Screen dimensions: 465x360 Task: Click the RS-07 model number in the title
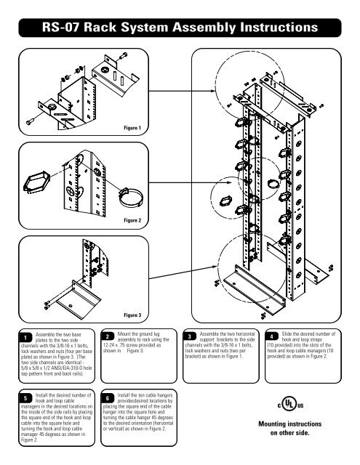[x=65, y=29]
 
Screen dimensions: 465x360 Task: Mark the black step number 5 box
[x=24, y=399]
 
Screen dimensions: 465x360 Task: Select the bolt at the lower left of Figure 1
[x=31, y=119]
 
